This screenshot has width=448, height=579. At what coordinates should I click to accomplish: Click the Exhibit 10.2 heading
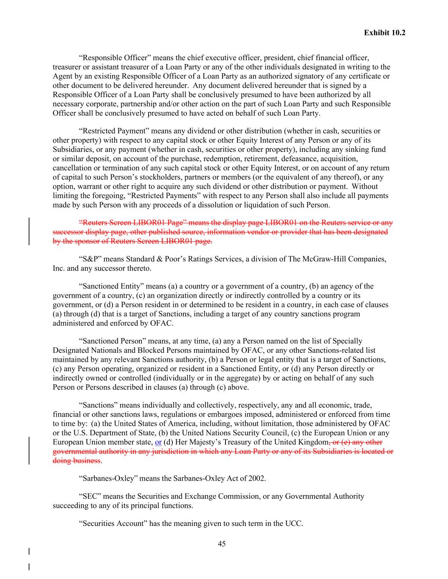click(384, 33)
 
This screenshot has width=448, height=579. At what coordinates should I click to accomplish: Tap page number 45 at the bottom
click(222, 544)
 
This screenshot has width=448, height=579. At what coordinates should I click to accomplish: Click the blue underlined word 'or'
click(158, 442)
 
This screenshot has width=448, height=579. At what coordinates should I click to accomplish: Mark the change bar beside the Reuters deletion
click(29, 232)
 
